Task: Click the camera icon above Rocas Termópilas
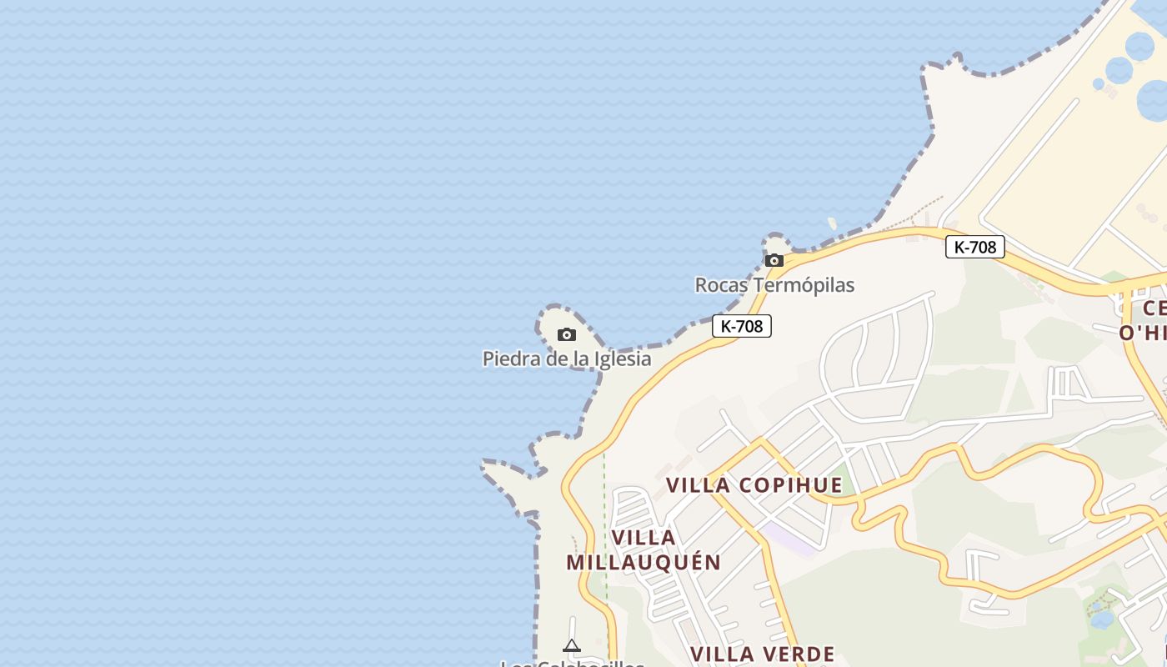(x=774, y=260)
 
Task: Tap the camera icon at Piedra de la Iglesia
(x=567, y=334)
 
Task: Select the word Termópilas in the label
(x=804, y=285)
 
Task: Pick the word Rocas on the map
(x=722, y=285)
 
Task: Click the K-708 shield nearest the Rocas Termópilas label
(x=742, y=326)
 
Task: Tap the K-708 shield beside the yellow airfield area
(x=974, y=247)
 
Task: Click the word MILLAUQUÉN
(x=644, y=562)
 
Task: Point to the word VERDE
(x=798, y=654)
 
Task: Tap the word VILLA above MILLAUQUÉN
(x=644, y=537)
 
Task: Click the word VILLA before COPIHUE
(x=699, y=485)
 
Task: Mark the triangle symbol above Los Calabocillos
(x=571, y=644)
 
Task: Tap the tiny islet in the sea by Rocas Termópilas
(x=832, y=223)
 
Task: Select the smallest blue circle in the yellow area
(x=1099, y=84)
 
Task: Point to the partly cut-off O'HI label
(x=1143, y=333)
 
